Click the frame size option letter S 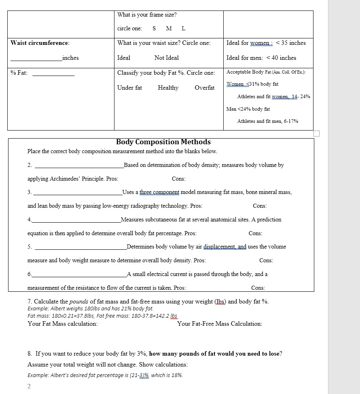(x=154, y=28)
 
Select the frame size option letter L (x=183, y=28)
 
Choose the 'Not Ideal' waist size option (x=166, y=58)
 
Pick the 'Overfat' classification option (x=204, y=88)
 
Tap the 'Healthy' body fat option (x=168, y=88)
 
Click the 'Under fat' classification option (x=129, y=88)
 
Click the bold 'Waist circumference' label (x=40, y=43)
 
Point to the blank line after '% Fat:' (x=53, y=75)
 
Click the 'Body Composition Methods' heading (x=163, y=142)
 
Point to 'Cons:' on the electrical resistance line (x=258, y=288)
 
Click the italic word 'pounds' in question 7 (x=79, y=301)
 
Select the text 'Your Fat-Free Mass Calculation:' (x=220, y=324)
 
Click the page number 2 (x=29, y=386)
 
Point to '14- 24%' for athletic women (x=301, y=97)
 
